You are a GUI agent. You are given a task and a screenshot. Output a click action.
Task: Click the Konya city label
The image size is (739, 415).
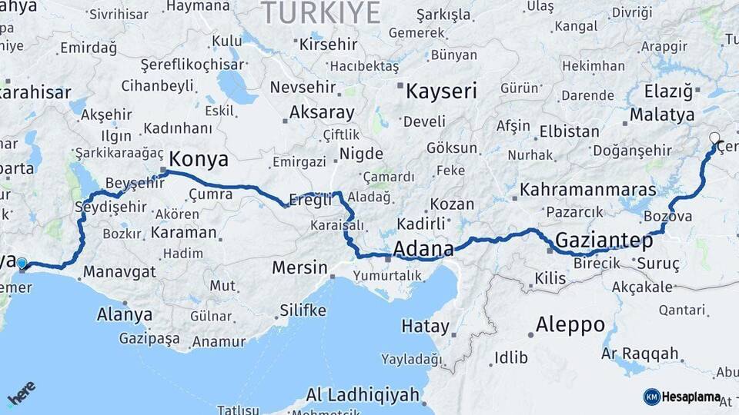pyautogui.click(x=199, y=159)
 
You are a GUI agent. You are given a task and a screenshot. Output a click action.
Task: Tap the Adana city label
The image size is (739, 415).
pyautogui.click(x=423, y=249)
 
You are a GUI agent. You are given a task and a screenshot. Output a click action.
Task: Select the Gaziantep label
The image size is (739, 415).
pyautogui.click(x=604, y=241)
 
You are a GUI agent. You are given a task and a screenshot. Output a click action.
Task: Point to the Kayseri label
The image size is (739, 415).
pyautogui.click(x=441, y=91)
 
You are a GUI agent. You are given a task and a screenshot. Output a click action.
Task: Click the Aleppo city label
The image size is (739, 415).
pyautogui.click(x=570, y=324)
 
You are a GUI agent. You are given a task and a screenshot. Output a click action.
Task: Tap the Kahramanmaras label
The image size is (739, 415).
pyautogui.click(x=588, y=189)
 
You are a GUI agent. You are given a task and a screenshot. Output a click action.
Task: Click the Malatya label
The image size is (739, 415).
pyautogui.click(x=661, y=115)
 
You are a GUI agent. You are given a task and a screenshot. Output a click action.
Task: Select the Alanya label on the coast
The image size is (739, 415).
pyautogui.click(x=125, y=314)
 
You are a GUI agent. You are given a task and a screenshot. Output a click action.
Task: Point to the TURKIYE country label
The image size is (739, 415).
pyautogui.click(x=322, y=13)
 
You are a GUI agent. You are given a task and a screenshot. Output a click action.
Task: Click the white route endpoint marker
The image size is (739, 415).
pyautogui.click(x=714, y=139)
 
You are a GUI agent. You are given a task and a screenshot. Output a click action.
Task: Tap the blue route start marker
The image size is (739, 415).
pyautogui.click(x=22, y=263)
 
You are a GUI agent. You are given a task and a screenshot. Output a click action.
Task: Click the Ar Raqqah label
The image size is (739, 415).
pyautogui.click(x=640, y=354)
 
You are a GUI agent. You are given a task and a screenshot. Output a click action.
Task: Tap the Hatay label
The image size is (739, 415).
pyautogui.click(x=425, y=326)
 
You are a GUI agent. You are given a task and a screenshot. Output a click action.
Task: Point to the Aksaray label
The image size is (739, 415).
pyautogui.click(x=322, y=112)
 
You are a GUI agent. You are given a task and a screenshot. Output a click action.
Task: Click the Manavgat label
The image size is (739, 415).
pyautogui.click(x=119, y=271)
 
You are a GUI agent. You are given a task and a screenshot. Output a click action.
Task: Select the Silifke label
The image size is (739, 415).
pyautogui.click(x=303, y=310)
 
